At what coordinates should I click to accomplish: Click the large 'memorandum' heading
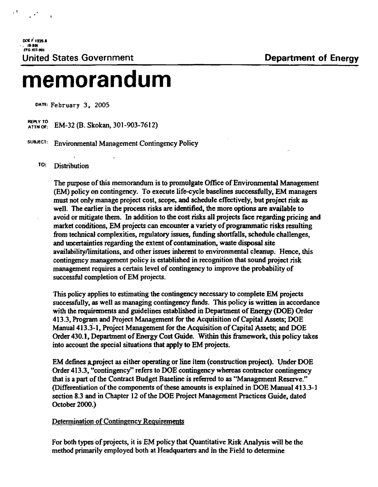click(x=97, y=79)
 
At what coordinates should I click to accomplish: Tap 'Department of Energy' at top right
click(x=312, y=58)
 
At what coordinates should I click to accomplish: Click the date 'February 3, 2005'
click(x=76, y=105)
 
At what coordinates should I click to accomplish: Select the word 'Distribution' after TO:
click(x=71, y=166)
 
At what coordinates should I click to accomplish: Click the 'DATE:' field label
click(x=42, y=104)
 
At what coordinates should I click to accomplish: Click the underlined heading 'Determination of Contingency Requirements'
click(x=118, y=421)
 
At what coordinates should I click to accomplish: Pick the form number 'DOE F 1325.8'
click(x=33, y=42)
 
